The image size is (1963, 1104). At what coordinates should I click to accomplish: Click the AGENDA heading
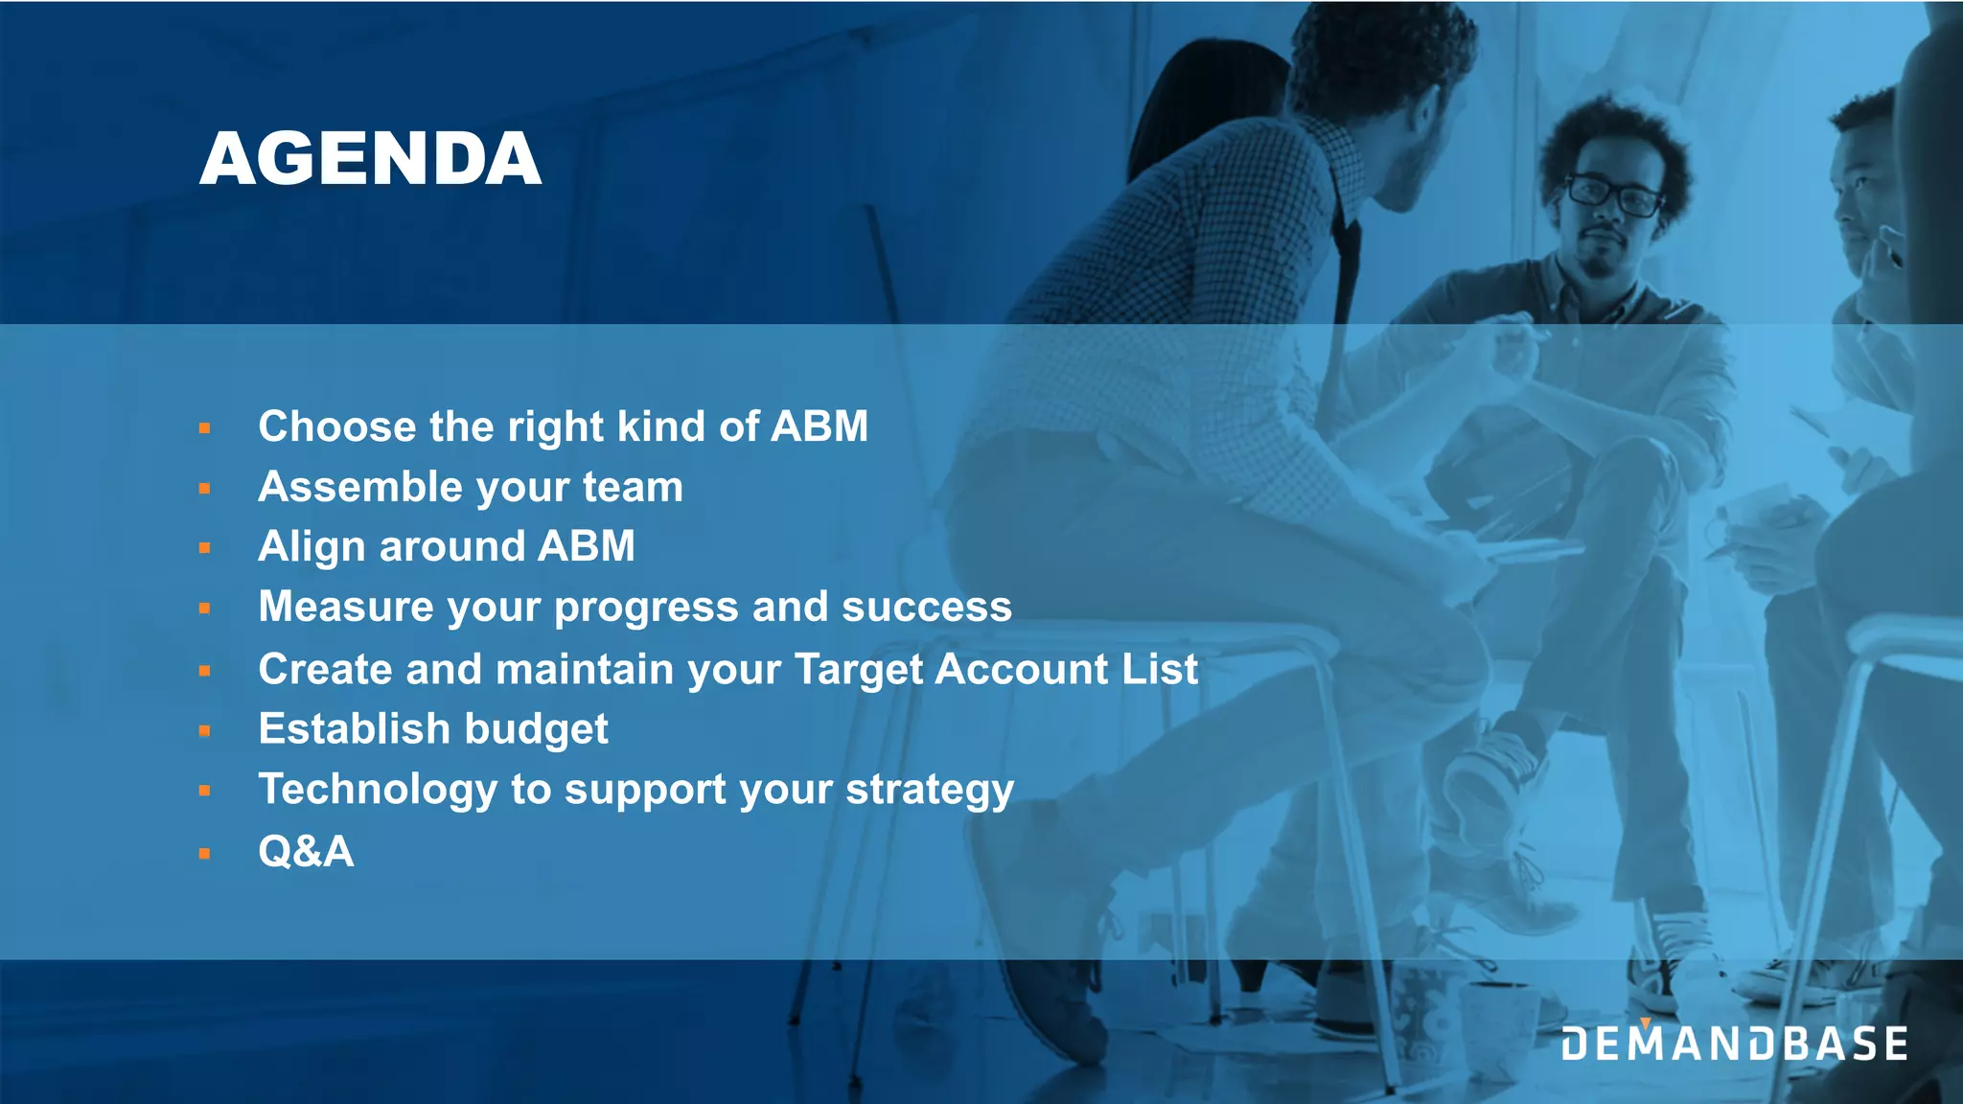point(370,159)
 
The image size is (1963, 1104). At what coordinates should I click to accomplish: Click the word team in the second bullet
point(633,487)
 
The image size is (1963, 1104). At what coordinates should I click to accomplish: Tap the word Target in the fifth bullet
point(858,669)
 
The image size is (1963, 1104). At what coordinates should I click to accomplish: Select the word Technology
point(378,791)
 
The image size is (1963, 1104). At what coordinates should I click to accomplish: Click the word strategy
point(929,791)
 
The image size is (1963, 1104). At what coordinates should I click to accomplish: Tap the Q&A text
point(306,851)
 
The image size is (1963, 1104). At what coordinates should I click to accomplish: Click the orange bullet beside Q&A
point(204,853)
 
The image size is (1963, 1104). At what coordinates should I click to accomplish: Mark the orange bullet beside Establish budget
point(204,731)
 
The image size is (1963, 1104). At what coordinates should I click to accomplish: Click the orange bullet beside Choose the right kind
point(204,428)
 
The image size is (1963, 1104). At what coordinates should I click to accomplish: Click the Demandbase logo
point(1734,1043)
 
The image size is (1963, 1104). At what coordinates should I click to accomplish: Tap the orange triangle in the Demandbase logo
point(1645,1023)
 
